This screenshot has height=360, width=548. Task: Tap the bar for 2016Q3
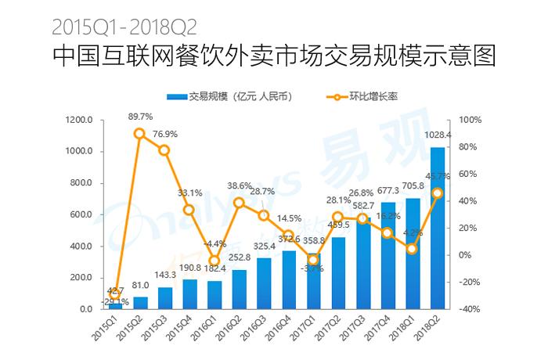pos(264,283)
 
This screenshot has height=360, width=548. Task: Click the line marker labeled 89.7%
pos(139,134)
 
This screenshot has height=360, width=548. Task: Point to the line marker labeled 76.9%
pos(164,150)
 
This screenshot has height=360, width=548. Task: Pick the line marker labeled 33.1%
pos(189,210)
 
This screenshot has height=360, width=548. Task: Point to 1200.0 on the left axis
pos(79,120)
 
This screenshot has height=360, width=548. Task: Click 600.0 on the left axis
pos(81,214)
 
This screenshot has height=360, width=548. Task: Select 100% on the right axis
pos(471,120)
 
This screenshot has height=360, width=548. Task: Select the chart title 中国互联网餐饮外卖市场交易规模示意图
pos(273,57)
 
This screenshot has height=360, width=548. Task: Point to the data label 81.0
pos(140,286)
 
